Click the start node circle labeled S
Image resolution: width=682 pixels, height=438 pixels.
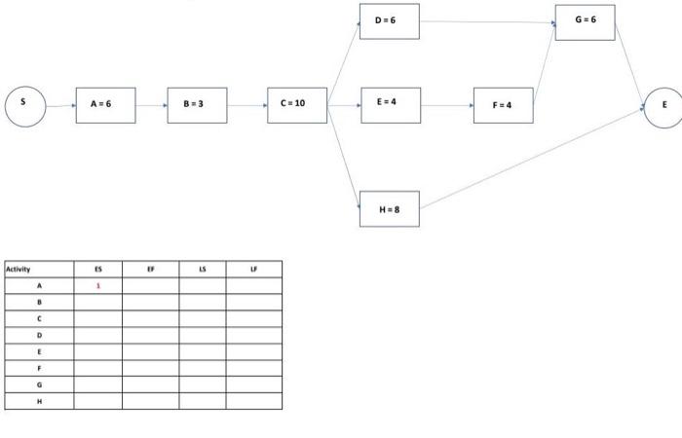[25, 104]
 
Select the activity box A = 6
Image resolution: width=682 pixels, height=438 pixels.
[106, 104]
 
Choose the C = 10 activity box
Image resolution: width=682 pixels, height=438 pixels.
[297, 104]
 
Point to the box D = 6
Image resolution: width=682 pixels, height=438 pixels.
[390, 21]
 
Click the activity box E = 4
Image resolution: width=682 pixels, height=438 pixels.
[390, 103]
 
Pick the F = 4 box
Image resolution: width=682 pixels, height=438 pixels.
[503, 104]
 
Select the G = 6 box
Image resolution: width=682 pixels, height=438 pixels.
[585, 21]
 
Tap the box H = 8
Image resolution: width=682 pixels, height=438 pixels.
[390, 209]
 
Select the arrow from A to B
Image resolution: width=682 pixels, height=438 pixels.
[151, 104]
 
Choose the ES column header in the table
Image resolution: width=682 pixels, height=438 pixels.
[97, 270]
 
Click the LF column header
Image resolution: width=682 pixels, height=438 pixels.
[253, 270]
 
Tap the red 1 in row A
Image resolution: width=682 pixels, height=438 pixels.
[97, 286]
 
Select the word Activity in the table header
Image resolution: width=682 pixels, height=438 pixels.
[19, 270]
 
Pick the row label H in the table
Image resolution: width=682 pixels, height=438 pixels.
[39, 401]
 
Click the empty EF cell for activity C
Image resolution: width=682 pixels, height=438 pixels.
[150, 318]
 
